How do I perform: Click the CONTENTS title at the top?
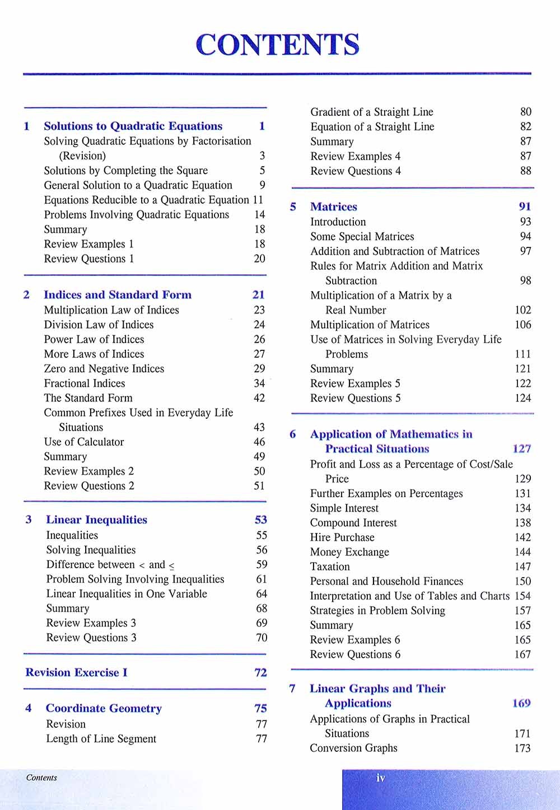[278, 45]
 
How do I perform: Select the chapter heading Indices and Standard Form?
[118, 295]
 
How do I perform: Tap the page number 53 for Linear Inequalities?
[261, 520]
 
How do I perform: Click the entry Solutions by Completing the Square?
[126, 171]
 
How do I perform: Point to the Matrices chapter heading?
[334, 207]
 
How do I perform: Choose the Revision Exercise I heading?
[77, 673]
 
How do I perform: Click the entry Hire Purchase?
[342, 537]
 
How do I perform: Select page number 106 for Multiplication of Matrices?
[522, 325]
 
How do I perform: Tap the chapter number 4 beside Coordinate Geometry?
[29, 709]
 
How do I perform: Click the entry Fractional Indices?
[85, 383]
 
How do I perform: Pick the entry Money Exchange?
[349, 552]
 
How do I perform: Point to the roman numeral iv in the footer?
[381, 778]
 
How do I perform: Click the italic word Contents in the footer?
[41, 778]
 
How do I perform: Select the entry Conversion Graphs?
[353, 748]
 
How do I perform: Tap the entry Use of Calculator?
[84, 442]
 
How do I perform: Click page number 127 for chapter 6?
[521, 449]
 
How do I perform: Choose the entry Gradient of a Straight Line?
[372, 112]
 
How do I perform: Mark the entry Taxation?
[330, 566]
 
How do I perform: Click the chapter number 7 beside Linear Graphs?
[292, 689]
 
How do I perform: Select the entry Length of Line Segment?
[101, 739]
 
